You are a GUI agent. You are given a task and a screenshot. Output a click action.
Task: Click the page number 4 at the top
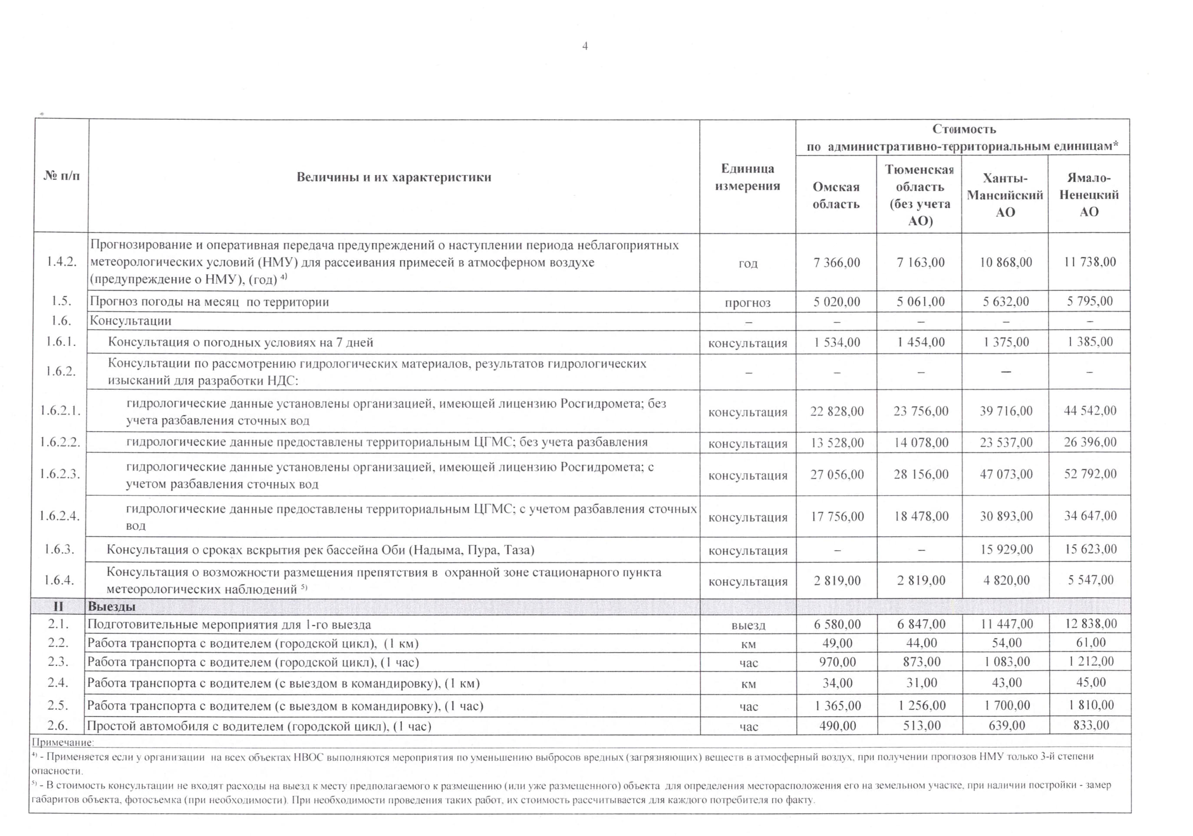tap(585, 46)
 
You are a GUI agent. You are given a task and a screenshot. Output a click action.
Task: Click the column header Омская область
tap(836, 195)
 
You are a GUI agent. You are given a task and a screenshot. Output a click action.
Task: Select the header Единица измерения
tap(747, 177)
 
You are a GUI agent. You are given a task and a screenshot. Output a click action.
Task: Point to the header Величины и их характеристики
tap(393, 177)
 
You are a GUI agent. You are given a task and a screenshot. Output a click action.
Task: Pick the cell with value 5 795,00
tap(1090, 302)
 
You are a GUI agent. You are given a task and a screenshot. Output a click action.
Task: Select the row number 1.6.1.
tap(61, 342)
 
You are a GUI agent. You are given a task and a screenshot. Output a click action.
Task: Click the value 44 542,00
tap(1090, 411)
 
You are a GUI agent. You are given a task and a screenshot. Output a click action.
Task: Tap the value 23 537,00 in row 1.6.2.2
tap(1006, 443)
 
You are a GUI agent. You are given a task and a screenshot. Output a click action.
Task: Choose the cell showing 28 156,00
tap(921, 475)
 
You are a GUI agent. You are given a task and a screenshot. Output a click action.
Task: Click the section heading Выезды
tap(111, 607)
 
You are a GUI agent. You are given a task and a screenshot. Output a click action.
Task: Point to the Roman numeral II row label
tap(58, 607)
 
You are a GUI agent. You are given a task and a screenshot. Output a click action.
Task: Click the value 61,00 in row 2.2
tap(1091, 643)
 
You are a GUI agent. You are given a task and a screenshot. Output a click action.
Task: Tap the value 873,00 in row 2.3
tap(921, 662)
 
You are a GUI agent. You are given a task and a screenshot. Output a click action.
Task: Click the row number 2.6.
tap(58, 725)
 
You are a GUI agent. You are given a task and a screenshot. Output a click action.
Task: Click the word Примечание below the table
tap(63, 743)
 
